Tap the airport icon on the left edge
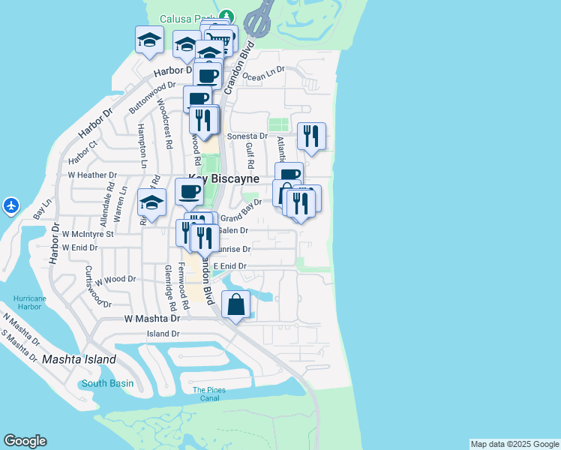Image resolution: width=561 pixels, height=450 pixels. [10, 205]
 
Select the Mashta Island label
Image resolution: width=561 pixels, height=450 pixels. [79, 359]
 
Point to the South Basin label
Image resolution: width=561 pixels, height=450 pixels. [108, 383]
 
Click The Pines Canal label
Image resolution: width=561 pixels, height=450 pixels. [209, 394]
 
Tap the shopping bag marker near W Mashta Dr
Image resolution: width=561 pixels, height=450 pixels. [235, 304]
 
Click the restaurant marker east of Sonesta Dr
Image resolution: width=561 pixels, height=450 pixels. [311, 136]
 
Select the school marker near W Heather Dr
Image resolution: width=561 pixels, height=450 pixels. [151, 202]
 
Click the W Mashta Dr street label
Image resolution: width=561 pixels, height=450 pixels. [149, 319]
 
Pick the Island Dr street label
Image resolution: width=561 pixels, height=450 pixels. [163, 334]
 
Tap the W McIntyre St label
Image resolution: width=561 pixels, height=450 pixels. [88, 234]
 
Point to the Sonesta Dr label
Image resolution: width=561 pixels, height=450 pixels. [247, 136]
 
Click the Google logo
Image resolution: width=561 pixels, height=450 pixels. [25, 441]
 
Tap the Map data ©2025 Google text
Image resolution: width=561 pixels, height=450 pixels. [514, 444]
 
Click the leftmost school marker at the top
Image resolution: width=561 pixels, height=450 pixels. [149, 40]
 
